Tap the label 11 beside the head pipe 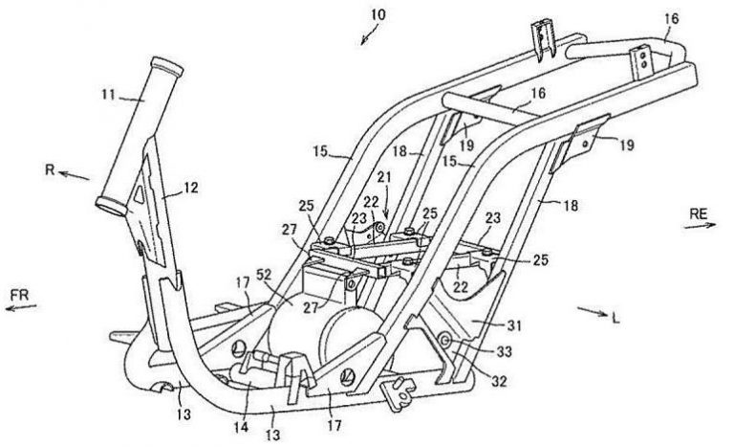tap(113, 96)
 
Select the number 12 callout tap(191, 189)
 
